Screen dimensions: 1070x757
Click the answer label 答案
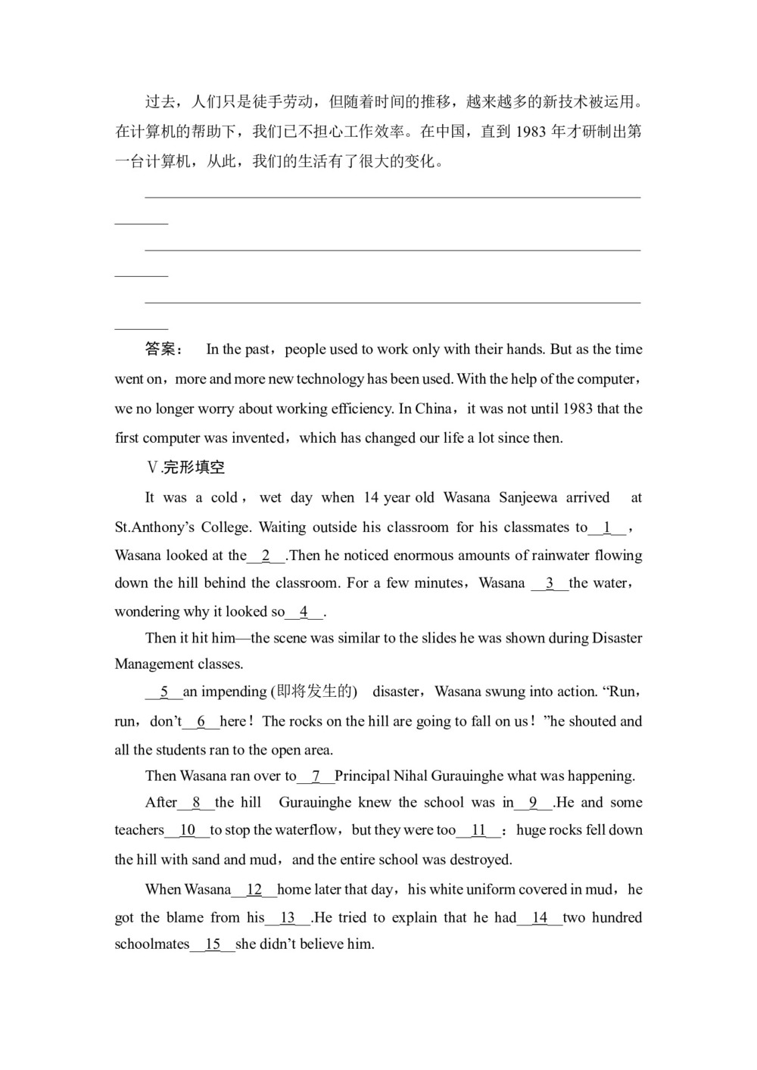click(163, 349)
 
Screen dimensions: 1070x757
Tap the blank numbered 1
click(607, 527)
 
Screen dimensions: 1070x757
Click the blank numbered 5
click(164, 692)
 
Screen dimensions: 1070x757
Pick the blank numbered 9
click(534, 803)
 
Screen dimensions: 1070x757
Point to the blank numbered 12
click(254, 890)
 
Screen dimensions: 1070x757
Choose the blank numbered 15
click(213, 944)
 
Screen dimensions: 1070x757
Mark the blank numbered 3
click(550, 583)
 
